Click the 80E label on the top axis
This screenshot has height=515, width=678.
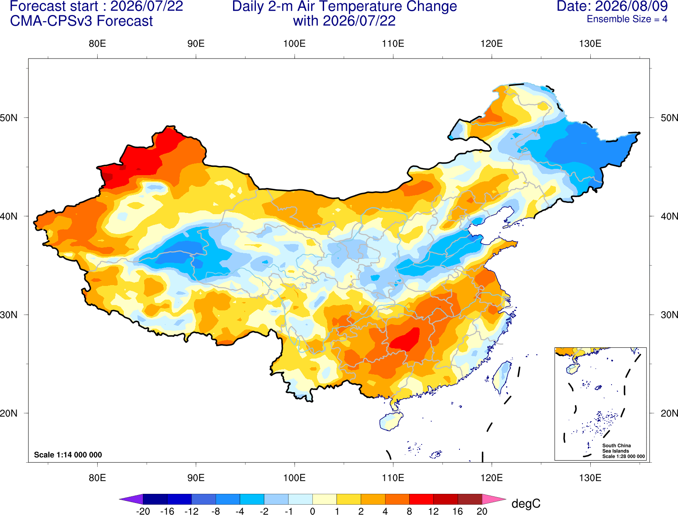[x=97, y=44]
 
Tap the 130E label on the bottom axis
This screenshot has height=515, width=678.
[x=590, y=478]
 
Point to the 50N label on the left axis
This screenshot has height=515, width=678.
[x=9, y=117]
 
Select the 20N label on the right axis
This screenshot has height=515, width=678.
[x=669, y=413]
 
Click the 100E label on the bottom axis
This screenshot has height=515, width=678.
[x=295, y=478]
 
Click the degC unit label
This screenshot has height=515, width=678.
[x=526, y=503]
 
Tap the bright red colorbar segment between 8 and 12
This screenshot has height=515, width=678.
[x=421, y=499]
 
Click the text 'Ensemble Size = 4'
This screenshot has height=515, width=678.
[x=627, y=19]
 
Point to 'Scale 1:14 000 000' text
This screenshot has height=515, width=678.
[x=68, y=454]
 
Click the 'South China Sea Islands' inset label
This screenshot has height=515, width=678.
[x=616, y=448]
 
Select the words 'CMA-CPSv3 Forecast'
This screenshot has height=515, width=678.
[x=81, y=21]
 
